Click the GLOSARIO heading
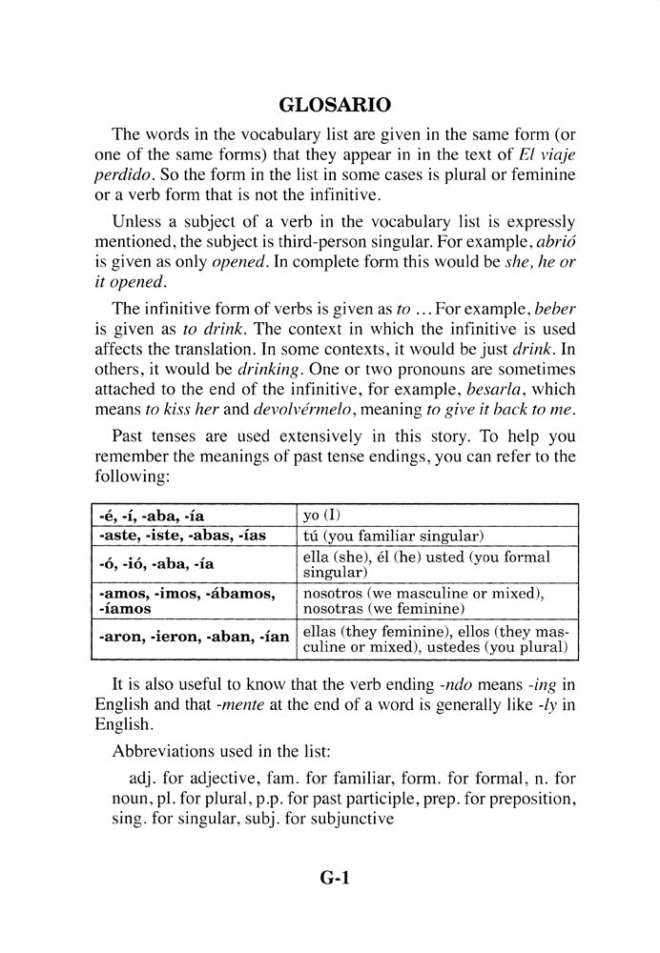[330, 103]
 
